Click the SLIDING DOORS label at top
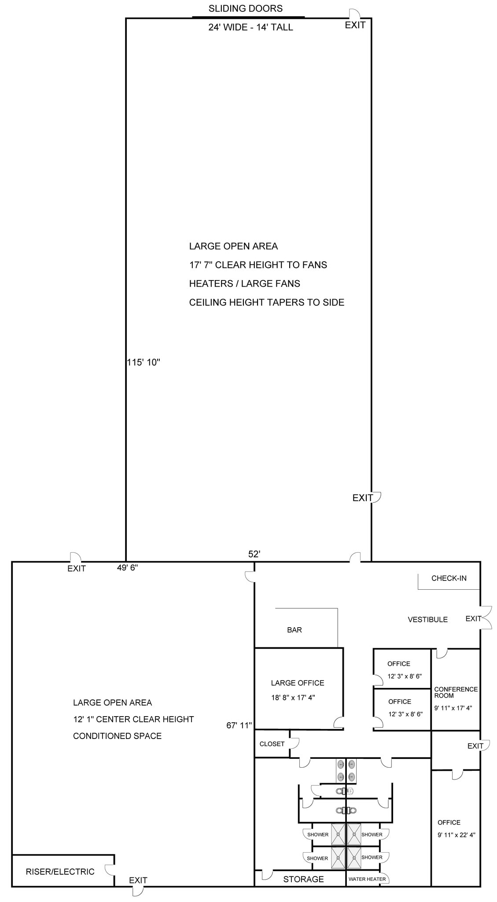click(x=245, y=8)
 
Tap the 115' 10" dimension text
click(x=144, y=362)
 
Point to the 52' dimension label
click(x=254, y=554)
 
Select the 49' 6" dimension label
click(x=128, y=568)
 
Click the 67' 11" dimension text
click(x=239, y=725)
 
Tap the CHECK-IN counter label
click(x=449, y=578)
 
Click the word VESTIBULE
click(x=427, y=619)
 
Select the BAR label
click(x=294, y=630)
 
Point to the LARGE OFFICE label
click(x=298, y=683)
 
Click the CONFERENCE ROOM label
click(x=456, y=692)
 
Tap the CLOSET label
click(x=272, y=744)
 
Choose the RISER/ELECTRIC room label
click(x=60, y=872)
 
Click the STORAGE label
click(x=303, y=879)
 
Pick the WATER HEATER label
click(x=367, y=879)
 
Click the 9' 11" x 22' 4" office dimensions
click(x=456, y=835)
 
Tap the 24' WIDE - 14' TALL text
click(x=250, y=27)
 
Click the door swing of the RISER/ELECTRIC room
click(x=109, y=869)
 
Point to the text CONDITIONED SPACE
click(x=117, y=736)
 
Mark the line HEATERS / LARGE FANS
click(x=244, y=284)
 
